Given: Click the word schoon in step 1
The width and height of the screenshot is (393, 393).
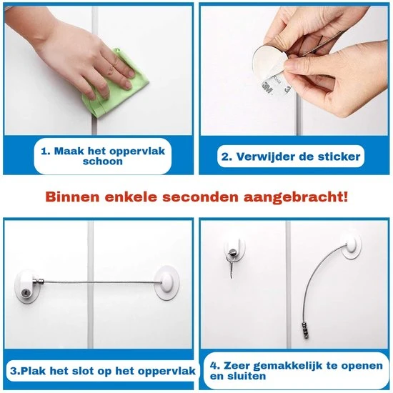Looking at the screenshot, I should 103,161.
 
